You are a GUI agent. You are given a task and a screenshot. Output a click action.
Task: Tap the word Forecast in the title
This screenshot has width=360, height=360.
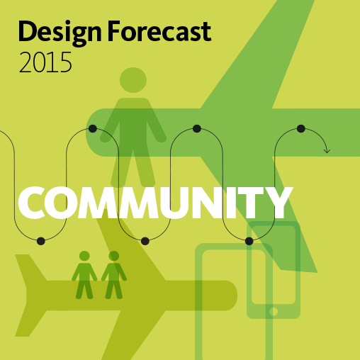click(160, 33)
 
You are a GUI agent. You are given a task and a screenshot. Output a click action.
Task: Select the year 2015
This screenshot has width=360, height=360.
click(45, 64)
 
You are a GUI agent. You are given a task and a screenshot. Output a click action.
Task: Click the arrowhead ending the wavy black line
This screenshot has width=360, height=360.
click(327, 150)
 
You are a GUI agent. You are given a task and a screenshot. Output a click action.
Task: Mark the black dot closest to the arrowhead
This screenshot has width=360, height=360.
click(300, 128)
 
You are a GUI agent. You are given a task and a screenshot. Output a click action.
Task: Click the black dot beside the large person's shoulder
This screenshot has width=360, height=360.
click(92, 128)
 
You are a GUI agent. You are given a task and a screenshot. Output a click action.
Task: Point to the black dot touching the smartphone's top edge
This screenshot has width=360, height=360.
click(249, 241)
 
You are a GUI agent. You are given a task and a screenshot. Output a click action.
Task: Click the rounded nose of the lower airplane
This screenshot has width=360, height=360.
click(230, 295)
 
